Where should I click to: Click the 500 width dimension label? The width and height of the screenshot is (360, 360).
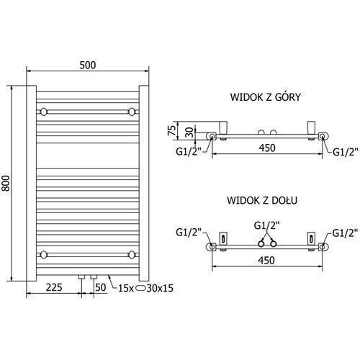point(88,65)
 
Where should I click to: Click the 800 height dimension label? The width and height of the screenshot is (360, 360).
point(6,183)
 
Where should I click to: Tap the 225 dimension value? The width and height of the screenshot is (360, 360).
point(54,287)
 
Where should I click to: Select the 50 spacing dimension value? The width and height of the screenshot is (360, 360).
point(101,287)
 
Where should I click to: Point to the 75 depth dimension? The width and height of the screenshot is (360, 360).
point(172,130)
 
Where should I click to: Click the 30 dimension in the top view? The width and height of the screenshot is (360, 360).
point(189,132)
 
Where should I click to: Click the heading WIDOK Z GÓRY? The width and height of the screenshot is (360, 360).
point(266,97)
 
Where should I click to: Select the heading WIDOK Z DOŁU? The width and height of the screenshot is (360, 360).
point(262,200)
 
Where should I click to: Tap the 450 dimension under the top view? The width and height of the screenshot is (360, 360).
point(267,148)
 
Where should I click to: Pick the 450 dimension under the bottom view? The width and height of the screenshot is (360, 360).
point(266,260)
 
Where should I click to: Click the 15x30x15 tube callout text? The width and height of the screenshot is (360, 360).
point(145,288)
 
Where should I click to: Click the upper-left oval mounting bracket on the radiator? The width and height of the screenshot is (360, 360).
point(44,112)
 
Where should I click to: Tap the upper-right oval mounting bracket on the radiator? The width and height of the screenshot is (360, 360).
point(132,112)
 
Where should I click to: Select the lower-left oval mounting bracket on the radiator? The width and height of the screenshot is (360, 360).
point(44,255)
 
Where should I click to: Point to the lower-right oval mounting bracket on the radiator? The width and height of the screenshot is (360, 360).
point(132,255)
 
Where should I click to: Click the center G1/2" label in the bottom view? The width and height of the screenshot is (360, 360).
point(267,225)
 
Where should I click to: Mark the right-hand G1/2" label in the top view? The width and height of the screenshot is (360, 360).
point(346,152)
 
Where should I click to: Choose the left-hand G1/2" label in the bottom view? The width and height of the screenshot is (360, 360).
point(189,233)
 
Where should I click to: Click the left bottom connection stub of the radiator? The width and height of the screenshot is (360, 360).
point(82,276)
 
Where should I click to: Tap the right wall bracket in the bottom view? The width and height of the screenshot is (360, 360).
point(311,238)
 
